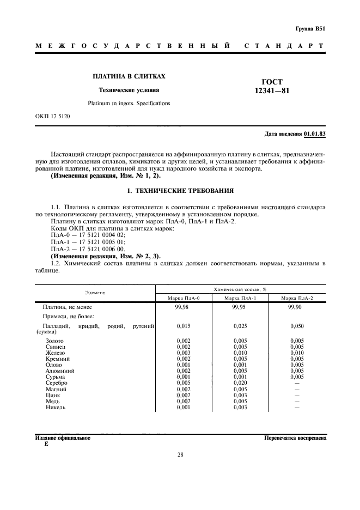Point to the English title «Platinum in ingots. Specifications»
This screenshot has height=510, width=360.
click(x=129, y=103)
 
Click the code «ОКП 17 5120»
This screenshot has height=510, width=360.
click(x=52, y=117)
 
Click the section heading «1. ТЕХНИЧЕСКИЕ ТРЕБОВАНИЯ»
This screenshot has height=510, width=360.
click(x=180, y=191)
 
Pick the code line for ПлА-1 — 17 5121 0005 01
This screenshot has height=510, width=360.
click(x=88, y=241)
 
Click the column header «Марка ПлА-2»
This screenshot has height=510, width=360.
click(x=297, y=298)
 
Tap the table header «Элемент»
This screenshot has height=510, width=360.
click(x=95, y=293)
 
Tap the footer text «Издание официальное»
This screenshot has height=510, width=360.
click(x=63, y=438)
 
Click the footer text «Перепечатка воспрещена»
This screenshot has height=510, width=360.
click(x=295, y=438)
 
